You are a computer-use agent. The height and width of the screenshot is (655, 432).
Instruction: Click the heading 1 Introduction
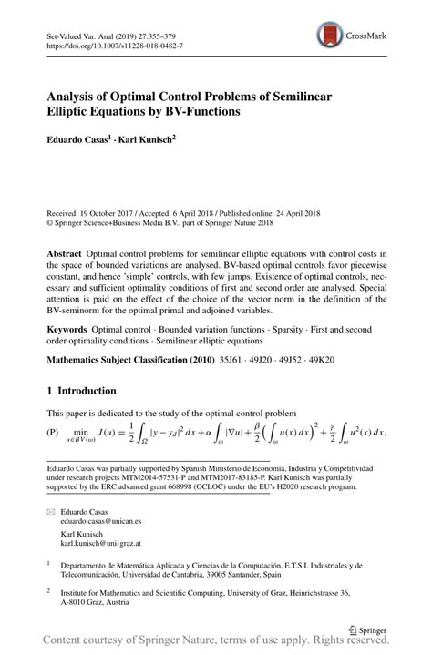click(x=82, y=391)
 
